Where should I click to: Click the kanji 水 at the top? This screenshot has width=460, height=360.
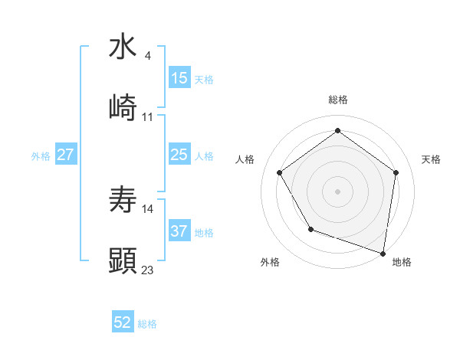pos(123,47)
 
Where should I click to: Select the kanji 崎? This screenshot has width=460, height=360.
pos(123,108)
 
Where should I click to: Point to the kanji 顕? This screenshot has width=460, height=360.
pos(123,260)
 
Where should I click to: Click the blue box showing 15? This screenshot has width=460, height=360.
pos(179,78)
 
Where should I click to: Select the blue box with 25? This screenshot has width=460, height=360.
pos(179,155)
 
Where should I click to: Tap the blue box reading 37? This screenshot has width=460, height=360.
pos(179,231)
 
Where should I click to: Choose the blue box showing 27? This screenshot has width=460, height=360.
pos(66,155)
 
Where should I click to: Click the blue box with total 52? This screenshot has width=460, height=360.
pos(123,323)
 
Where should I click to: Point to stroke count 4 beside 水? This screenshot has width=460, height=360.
pos(147,56)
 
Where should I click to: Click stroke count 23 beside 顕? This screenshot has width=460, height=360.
pos(148,270)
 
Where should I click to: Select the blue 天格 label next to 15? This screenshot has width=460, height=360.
pos(204,80)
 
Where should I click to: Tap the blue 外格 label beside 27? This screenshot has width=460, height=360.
pos(41,156)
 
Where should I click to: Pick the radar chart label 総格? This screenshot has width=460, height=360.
pos(338,100)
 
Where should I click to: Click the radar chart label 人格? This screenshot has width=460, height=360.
pos(245,159)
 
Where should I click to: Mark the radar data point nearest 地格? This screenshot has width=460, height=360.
pos(383,253)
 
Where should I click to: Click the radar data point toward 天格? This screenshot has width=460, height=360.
pos(396,172)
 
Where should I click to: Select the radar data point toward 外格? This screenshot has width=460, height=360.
pos(310,229)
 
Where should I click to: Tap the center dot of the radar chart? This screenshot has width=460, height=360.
pos(338,191)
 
